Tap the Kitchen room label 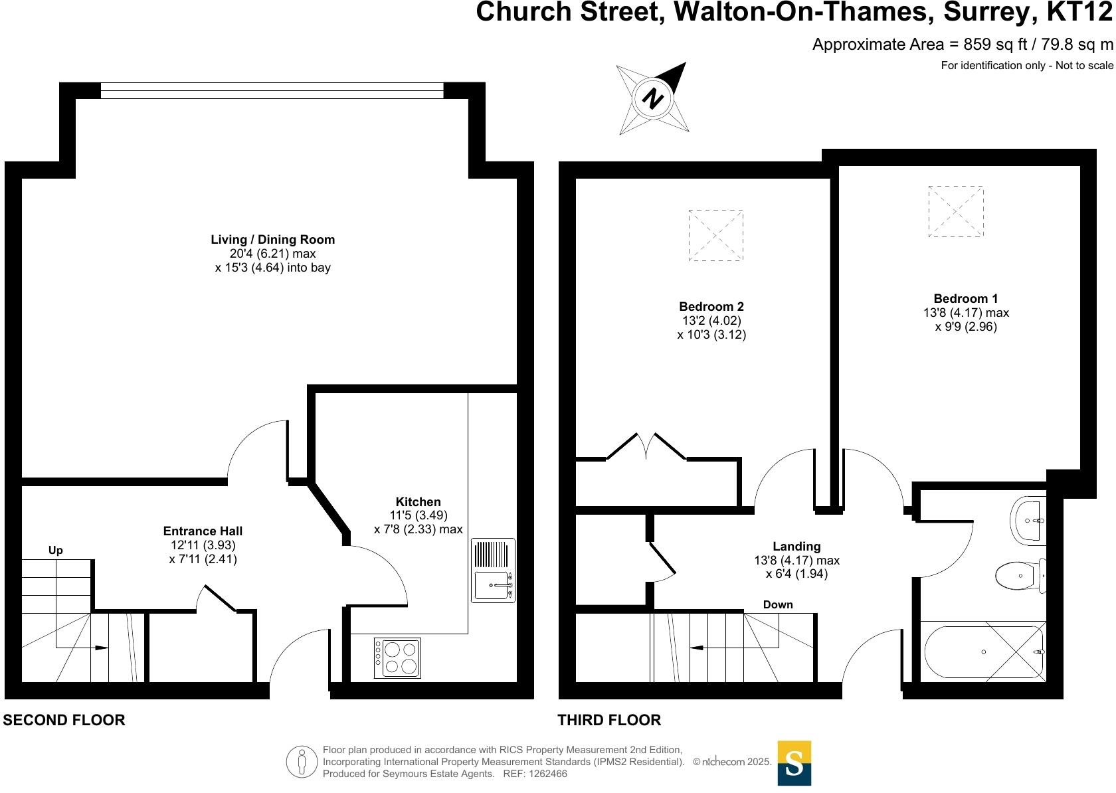tap(418, 502)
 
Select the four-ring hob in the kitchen tap(397, 658)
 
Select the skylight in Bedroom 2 tap(715, 235)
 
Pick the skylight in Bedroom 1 tap(955, 211)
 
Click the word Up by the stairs tap(56, 550)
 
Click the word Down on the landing tap(778, 604)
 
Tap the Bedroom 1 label tap(965, 299)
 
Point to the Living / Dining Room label tap(272, 240)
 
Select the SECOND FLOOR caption tap(64, 720)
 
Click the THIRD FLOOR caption tap(609, 720)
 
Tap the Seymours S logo tap(794, 763)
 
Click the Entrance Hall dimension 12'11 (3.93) tap(203, 545)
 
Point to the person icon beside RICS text tap(302, 762)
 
